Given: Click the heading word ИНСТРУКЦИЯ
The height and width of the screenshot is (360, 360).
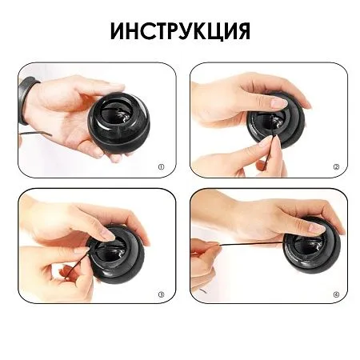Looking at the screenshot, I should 180,31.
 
